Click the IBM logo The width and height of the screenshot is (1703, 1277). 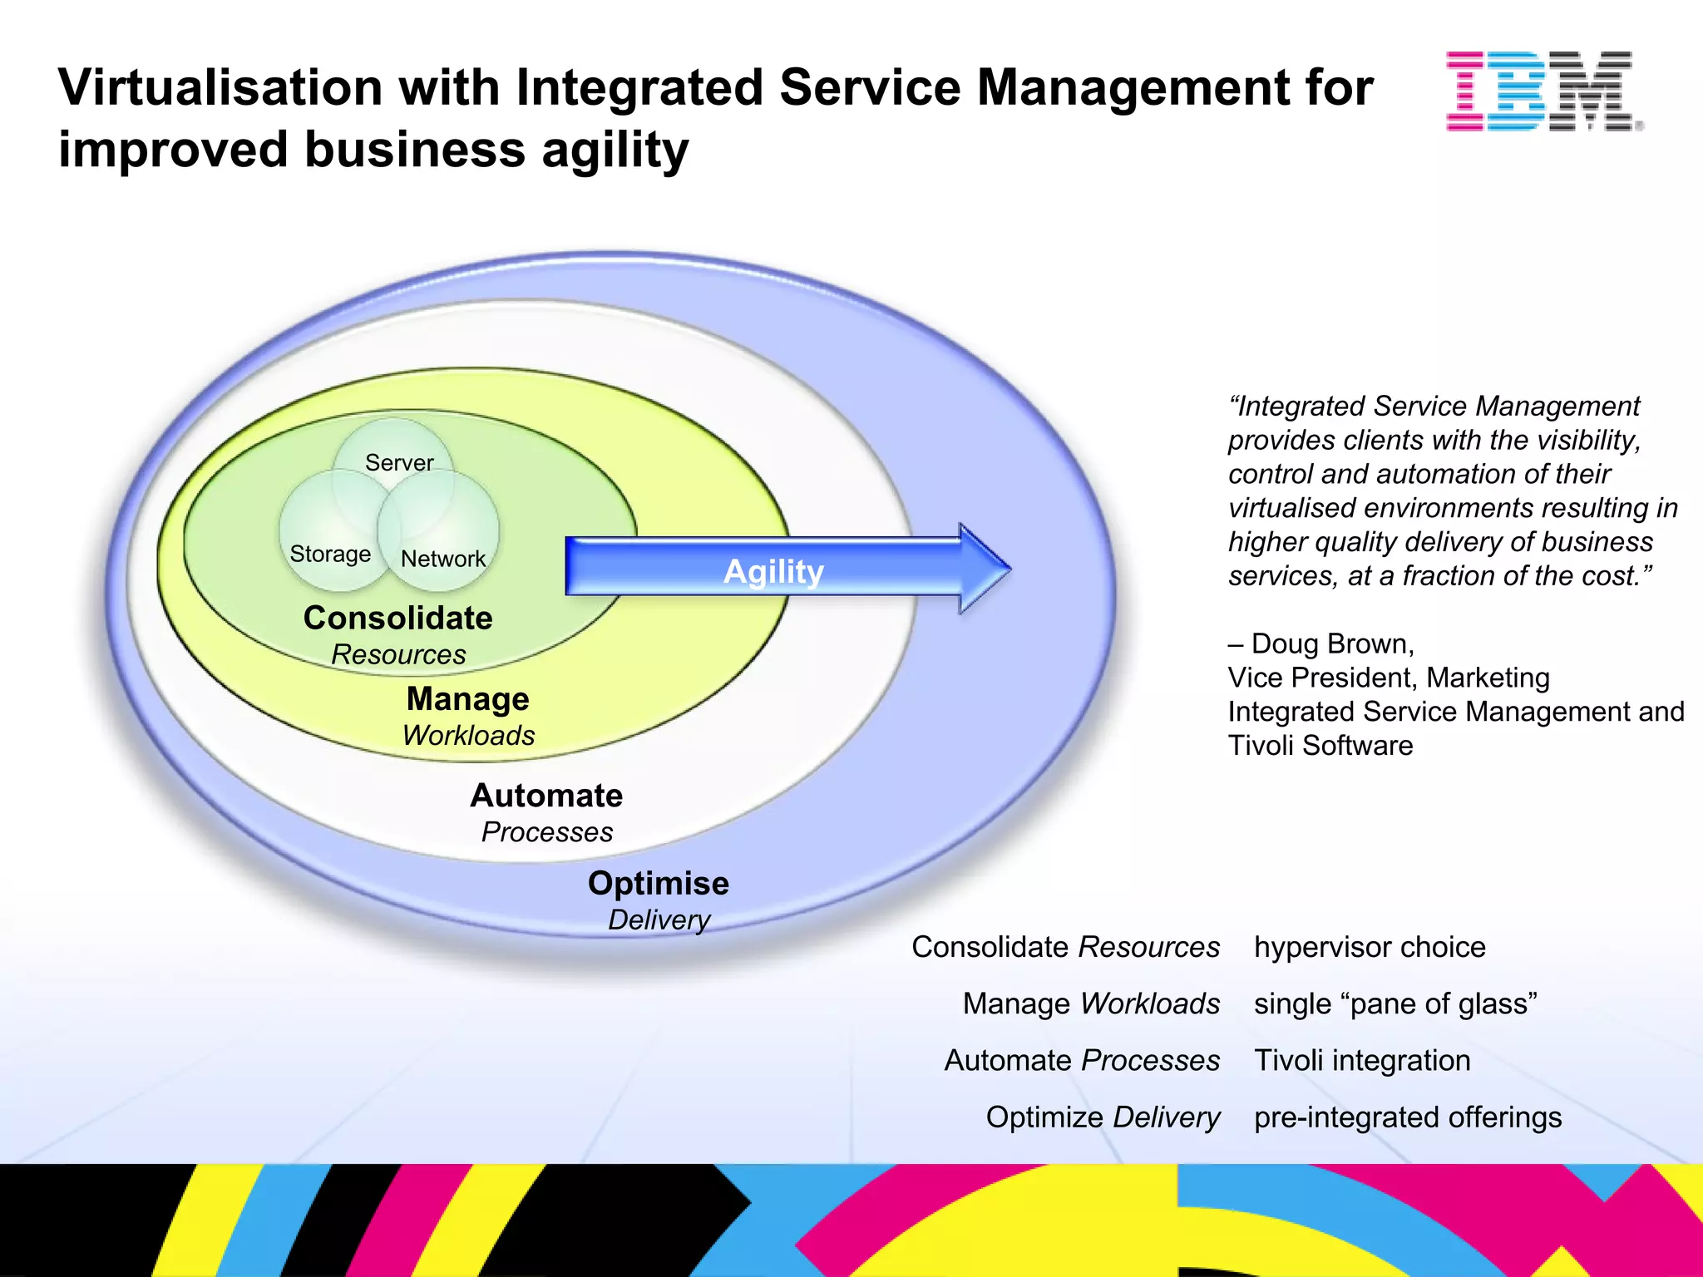pos(1543,91)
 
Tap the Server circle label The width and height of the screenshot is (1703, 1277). pos(399,462)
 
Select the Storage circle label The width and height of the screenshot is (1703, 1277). pos(330,554)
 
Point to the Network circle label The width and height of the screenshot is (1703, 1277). pos(442,559)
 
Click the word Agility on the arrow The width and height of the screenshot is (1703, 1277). pos(773,572)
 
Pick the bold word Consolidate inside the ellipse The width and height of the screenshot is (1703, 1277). pos(397,619)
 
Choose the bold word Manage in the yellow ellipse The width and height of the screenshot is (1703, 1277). pos(467,699)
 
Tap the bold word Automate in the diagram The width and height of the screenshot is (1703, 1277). pos(546,796)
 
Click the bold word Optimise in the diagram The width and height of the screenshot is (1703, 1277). pos(658,883)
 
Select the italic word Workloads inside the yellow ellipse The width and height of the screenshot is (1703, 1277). pos(468,736)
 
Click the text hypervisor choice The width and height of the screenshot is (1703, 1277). pos(1369,947)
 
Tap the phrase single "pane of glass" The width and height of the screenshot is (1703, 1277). pos(1394,1003)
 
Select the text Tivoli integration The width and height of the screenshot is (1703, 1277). pos(1361,1061)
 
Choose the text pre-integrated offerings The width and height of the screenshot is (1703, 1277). pos(1407,1117)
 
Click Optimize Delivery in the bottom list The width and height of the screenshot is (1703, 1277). pos(1102,1117)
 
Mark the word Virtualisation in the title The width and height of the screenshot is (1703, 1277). pos(220,88)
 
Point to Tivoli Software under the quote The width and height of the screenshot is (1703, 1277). pos(1320,746)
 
